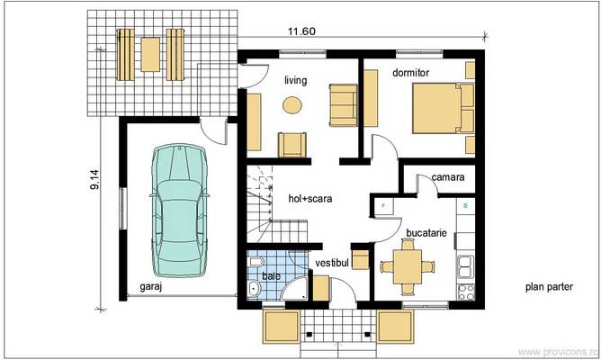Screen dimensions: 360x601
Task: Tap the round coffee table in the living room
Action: pos(292,105)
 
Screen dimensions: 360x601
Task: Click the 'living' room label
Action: pos(295,81)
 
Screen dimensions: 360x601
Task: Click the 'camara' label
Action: pos(447,178)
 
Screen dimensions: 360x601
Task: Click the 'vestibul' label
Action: pos(331,262)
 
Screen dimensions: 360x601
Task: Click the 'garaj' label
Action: pos(152,287)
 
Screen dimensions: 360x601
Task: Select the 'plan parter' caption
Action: pos(549,287)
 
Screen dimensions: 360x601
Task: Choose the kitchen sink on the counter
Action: pos(466,265)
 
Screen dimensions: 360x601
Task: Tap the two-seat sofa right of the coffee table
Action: pos(342,103)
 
